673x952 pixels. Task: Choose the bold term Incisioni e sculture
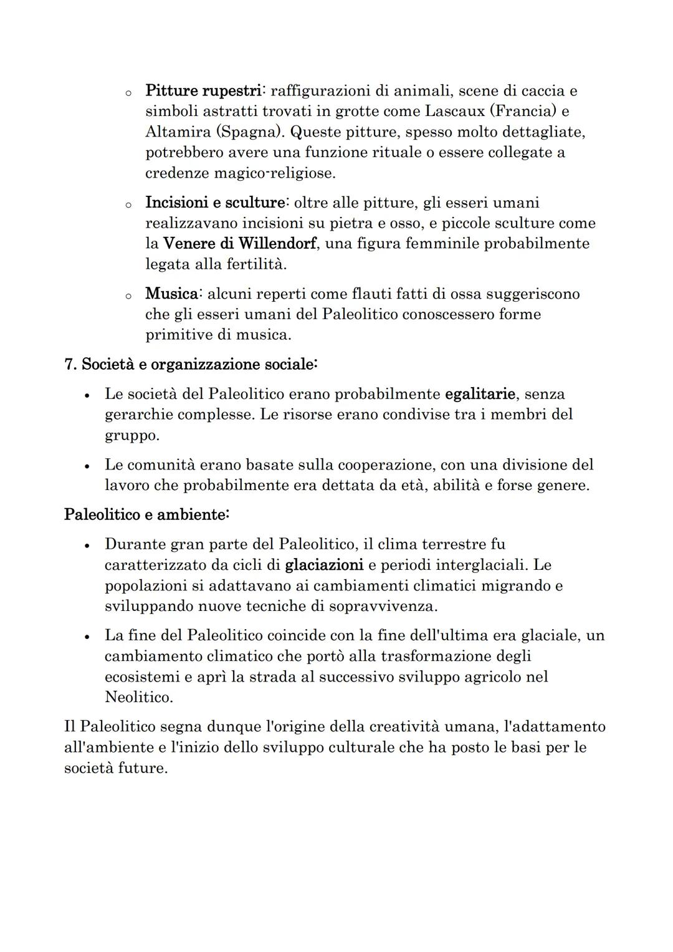click(x=215, y=203)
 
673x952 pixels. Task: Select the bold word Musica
click(x=172, y=294)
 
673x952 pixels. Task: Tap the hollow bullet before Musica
click(x=126, y=296)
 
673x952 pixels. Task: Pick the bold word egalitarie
click(x=480, y=394)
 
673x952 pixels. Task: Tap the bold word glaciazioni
click(x=323, y=565)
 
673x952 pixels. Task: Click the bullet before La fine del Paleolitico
click(x=88, y=637)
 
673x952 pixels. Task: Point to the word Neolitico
click(x=138, y=698)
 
